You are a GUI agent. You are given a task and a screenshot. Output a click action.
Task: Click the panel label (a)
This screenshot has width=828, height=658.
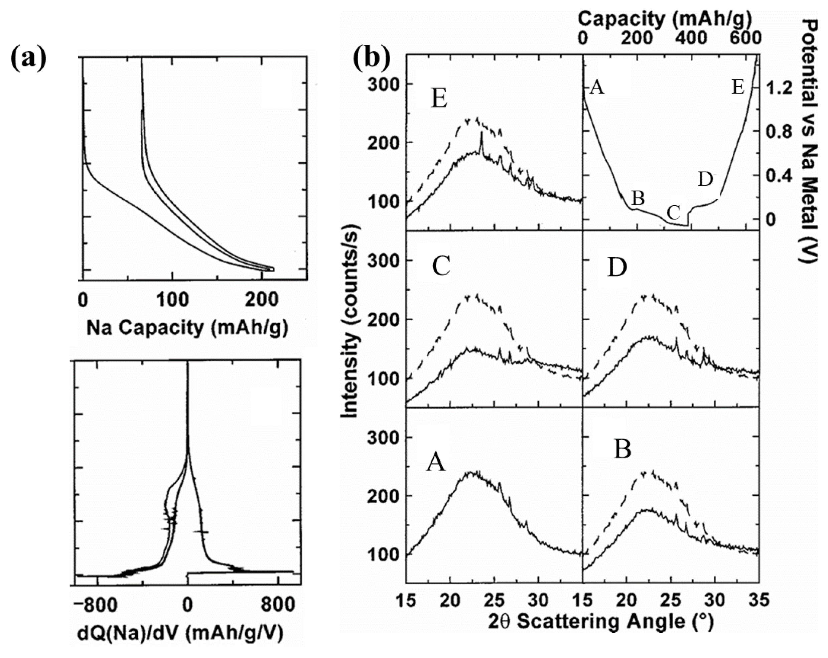[28, 59]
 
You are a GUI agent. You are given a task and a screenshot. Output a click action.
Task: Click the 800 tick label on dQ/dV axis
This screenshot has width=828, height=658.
[278, 605]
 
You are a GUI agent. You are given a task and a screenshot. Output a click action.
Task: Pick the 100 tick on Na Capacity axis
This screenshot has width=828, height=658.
[172, 299]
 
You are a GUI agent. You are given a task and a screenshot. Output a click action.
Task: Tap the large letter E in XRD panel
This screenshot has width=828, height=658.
[439, 99]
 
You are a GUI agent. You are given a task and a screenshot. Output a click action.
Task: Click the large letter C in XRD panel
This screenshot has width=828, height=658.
[441, 267]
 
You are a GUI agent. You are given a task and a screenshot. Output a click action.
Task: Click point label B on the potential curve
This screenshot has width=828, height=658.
[638, 198]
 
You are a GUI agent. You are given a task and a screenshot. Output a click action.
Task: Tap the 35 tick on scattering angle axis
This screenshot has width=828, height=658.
[759, 600]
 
